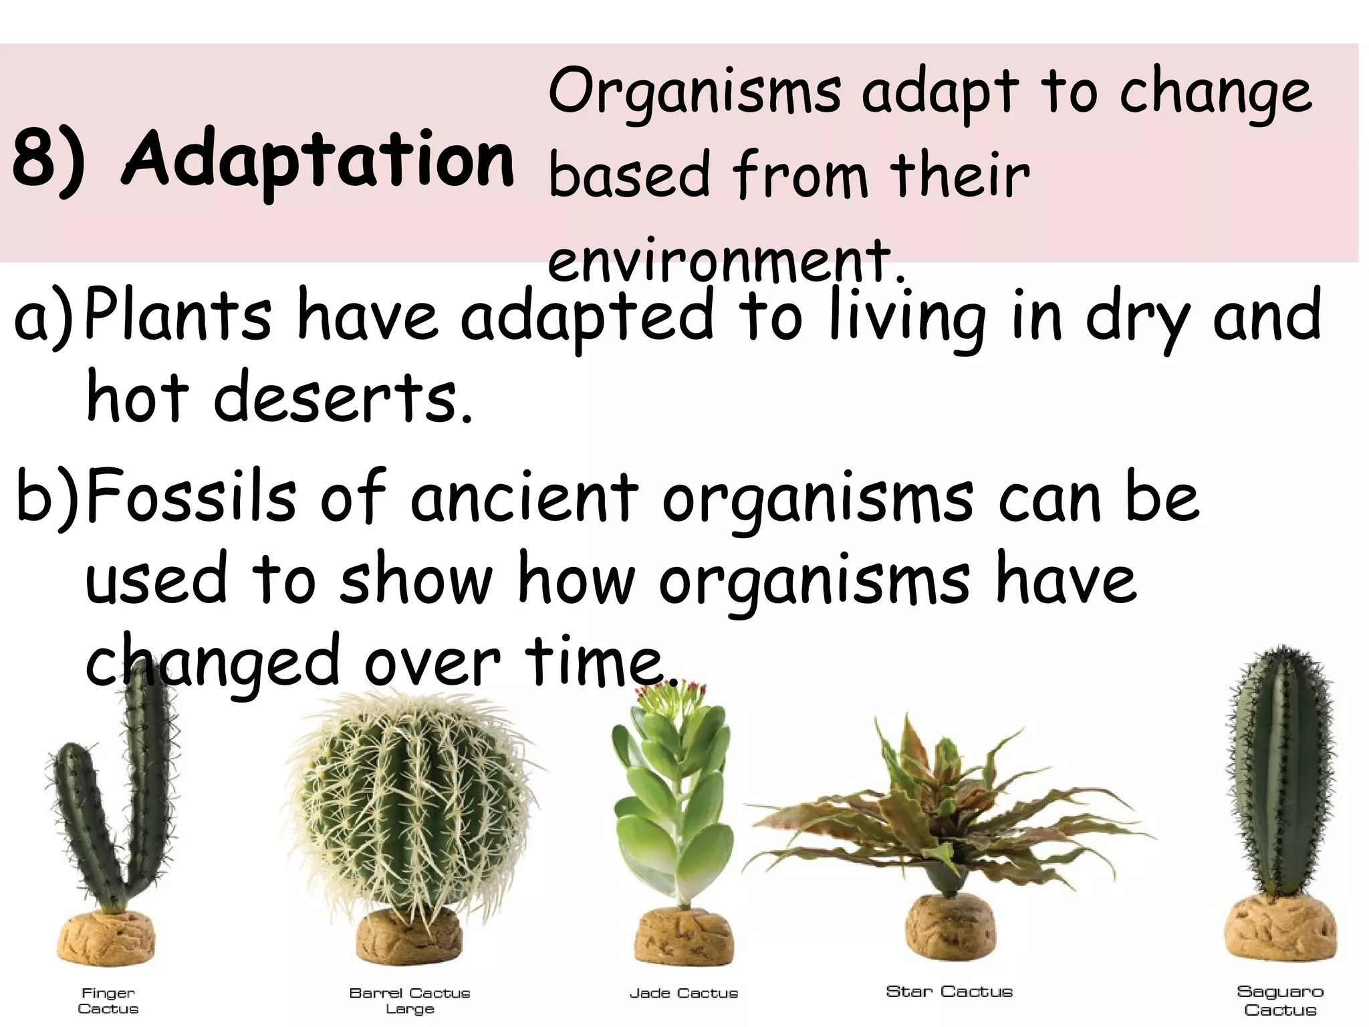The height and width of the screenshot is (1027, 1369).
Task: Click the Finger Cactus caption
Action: coord(108,1000)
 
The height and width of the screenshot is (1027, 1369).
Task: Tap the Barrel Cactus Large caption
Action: coord(410,1000)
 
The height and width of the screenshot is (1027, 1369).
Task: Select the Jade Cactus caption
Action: coord(684,994)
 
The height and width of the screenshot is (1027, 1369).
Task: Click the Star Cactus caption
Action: coord(949,992)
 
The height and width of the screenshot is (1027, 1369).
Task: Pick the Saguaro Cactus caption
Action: coord(1280,1000)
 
